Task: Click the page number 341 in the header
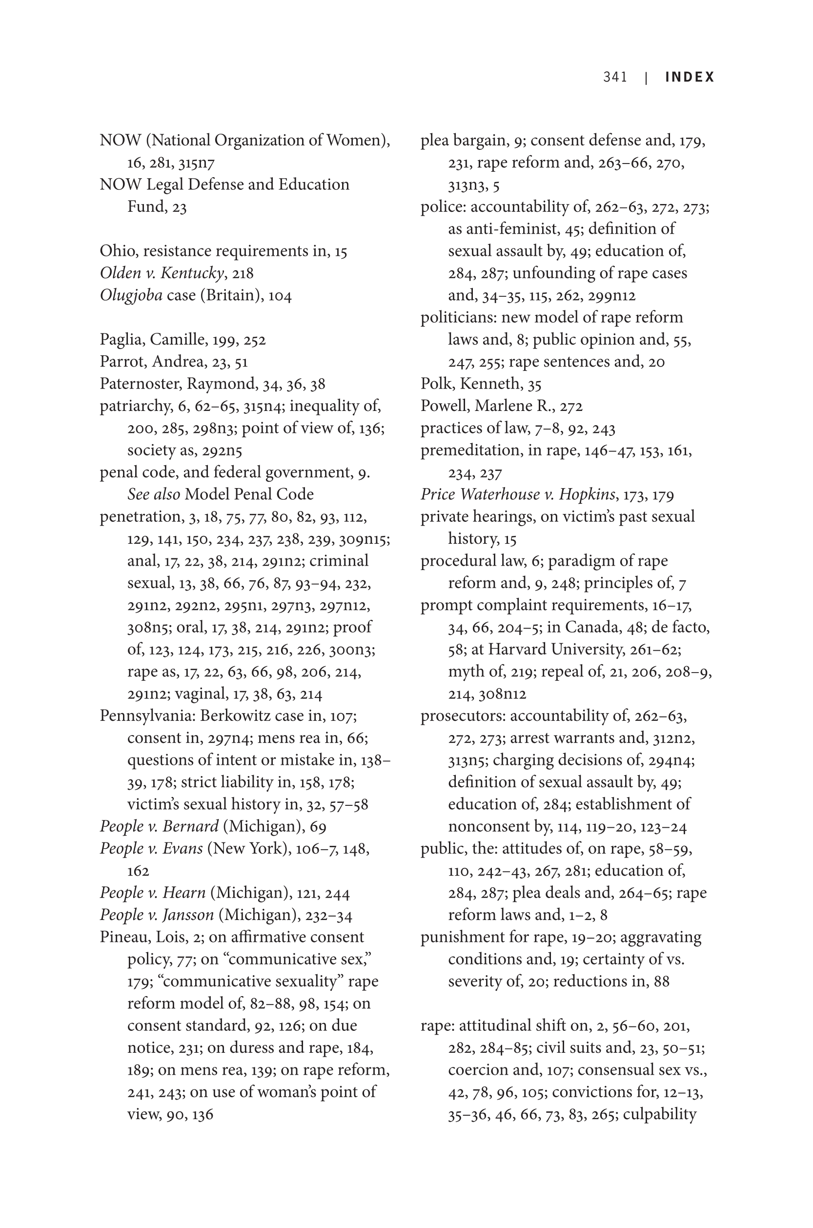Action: [615, 77]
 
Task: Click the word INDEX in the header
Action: [690, 77]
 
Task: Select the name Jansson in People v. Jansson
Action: [188, 915]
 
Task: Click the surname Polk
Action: [436, 384]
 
